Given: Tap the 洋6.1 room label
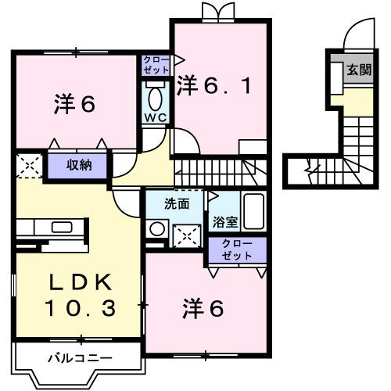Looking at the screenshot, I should [213, 84].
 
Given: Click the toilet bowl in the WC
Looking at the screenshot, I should [154, 99].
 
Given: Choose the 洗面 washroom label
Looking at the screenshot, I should [177, 204].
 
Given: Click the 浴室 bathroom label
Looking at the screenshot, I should [223, 221].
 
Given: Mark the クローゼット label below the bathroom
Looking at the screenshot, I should [236, 249].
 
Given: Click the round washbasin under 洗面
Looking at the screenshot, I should [158, 229].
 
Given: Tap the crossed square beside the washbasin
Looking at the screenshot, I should [186, 234].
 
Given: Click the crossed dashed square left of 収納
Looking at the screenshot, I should [29, 166].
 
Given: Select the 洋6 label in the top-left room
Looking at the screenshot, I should [75, 104].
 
